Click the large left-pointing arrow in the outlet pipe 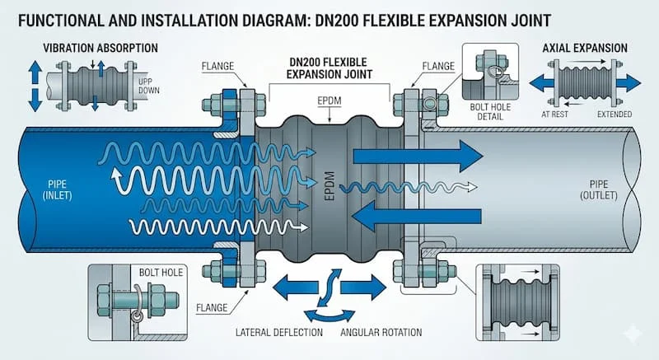coord(404,217)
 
